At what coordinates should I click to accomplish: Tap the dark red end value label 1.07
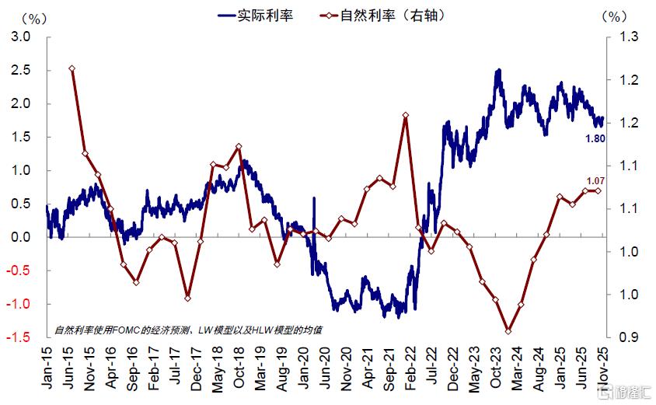pyautogui.click(x=595, y=180)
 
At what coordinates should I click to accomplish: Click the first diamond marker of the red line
pyautogui.click(x=72, y=68)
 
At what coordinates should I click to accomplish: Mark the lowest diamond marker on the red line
pyautogui.click(x=508, y=331)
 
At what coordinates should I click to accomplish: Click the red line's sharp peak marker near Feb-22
pyautogui.click(x=406, y=116)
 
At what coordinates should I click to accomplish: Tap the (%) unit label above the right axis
pyautogui.click(x=614, y=16)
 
